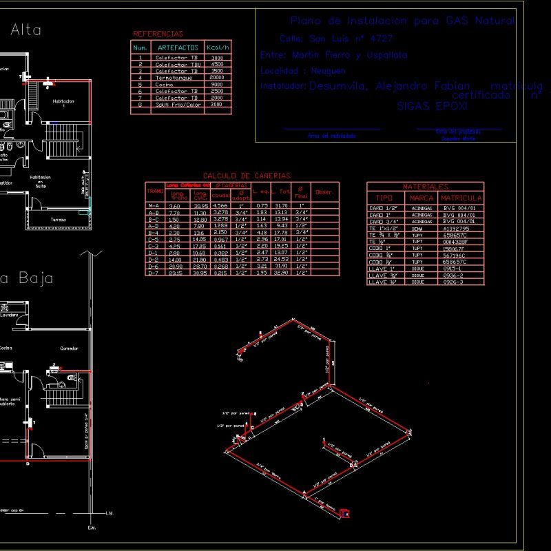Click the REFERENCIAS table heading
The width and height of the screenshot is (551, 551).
[158, 34]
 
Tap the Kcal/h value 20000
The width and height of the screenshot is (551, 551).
[217, 78]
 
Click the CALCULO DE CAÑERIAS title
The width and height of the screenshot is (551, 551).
[247, 176]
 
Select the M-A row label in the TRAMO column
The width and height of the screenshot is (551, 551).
[154, 206]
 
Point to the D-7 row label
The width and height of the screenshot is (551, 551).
[154, 273]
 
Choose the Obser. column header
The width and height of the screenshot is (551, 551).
[324, 192]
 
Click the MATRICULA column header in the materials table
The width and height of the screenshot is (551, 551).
[461, 198]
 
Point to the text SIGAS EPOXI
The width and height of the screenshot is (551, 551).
[433, 107]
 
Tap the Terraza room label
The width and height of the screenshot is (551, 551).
[58, 220]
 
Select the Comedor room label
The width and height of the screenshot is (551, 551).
[69, 349]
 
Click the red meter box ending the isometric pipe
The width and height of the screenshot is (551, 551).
[345, 512]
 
